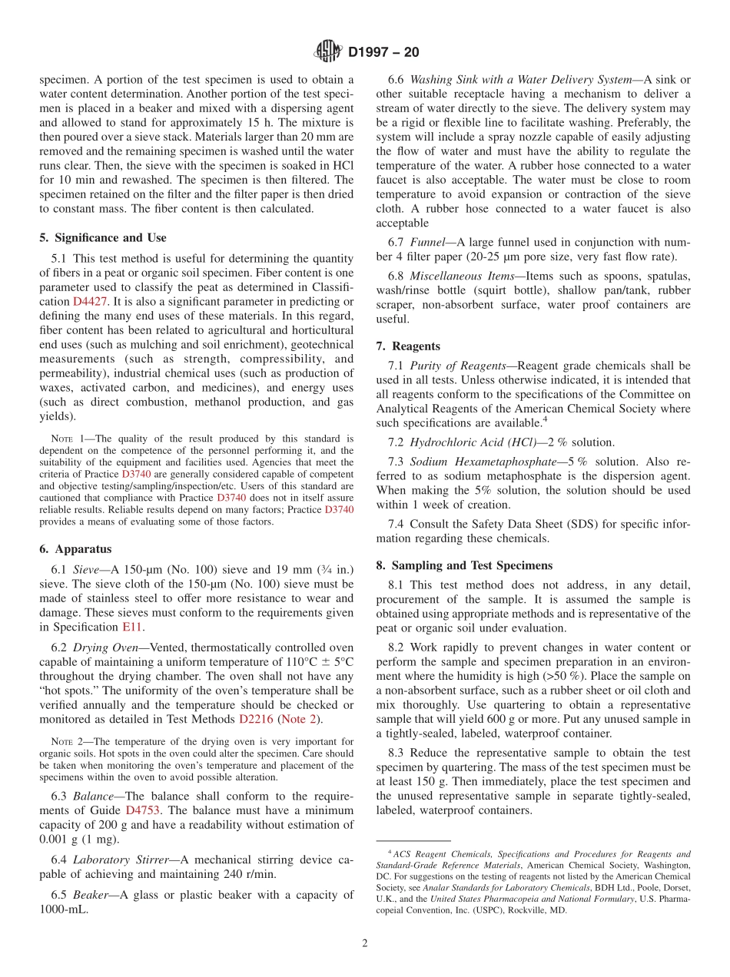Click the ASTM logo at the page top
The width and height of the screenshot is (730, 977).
pyautogui.click(x=328, y=52)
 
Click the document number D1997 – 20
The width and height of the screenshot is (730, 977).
pyautogui.click(x=383, y=53)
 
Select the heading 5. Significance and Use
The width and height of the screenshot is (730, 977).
pyautogui.click(x=102, y=238)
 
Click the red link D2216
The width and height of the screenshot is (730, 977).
pyautogui.click(x=256, y=720)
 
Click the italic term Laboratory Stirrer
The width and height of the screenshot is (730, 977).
pyautogui.click(x=120, y=859)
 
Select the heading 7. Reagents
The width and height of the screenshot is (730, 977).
pyautogui.click(x=407, y=346)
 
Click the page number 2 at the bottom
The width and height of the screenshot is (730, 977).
pyautogui.click(x=365, y=943)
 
